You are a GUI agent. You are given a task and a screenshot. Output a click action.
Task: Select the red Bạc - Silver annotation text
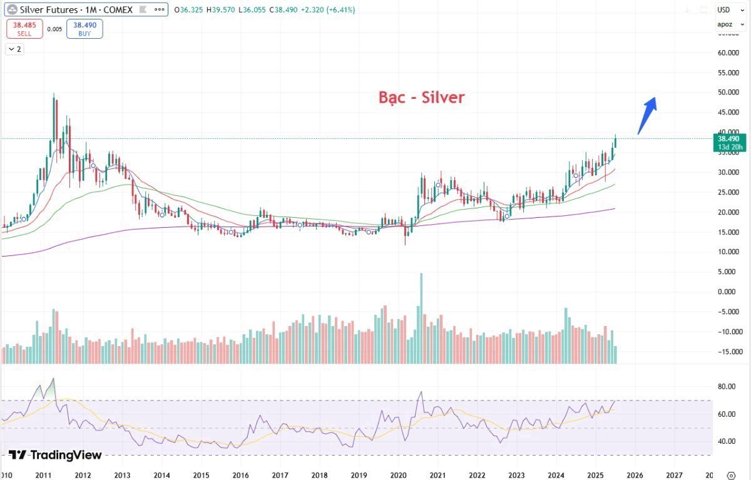click(421, 98)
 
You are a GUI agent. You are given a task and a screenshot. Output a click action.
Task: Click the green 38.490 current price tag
click(729, 143)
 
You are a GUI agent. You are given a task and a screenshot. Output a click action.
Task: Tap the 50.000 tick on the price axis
click(729, 93)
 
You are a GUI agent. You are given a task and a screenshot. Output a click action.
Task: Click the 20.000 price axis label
click(729, 212)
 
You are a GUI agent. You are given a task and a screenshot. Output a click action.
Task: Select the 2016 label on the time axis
click(241, 474)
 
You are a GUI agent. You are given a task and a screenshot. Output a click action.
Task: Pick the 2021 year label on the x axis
click(438, 474)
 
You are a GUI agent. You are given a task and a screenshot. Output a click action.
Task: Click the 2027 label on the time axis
click(675, 474)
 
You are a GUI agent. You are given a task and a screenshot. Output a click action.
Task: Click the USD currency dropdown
click(725, 10)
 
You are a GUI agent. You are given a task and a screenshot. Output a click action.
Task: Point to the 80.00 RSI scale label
click(726, 387)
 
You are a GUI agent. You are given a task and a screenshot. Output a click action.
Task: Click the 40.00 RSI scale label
click(726, 441)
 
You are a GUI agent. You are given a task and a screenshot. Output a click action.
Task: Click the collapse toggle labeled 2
click(15, 49)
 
